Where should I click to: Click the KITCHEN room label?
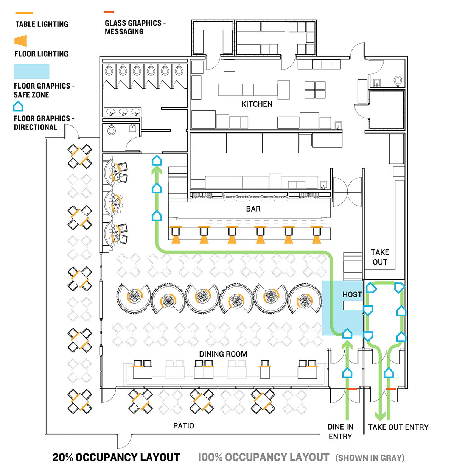pos(257,104)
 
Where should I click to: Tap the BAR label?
pos(253,209)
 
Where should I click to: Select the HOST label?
pos(352,294)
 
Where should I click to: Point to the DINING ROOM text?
pos(223,354)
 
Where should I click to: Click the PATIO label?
pos(183,426)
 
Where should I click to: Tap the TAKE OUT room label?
pos(380,257)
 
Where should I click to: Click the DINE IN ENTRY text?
pos(340,431)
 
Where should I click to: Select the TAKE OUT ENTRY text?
pos(398,427)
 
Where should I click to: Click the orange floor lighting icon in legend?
pos(21,40)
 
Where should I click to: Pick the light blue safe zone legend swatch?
pos(31,72)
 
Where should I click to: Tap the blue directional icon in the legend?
pos(18,107)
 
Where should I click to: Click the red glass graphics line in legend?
pos(109,12)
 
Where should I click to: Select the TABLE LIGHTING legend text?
pos(42,24)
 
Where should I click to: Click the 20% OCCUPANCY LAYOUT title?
pos(116,457)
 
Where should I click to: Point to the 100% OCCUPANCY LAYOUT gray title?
pos(264,457)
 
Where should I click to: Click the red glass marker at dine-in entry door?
pos(352,389)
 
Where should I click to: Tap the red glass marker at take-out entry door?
pos(391,389)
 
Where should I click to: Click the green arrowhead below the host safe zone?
pos(347,344)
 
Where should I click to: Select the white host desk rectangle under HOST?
pos(353,305)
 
